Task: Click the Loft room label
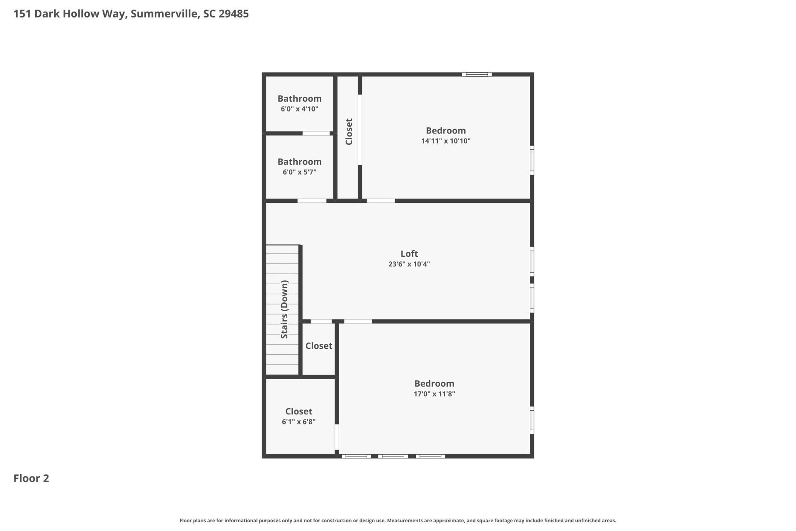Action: (x=409, y=253)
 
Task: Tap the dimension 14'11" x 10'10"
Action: (x=446, y=141)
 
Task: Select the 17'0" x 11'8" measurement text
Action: (x=434, y=394)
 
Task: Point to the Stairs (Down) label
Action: (x=284, y=309)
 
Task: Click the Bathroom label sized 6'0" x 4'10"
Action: (x=299, y=99)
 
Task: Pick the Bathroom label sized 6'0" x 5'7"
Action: (x=299, y=162)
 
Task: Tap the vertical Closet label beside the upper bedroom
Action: (x=349, y=132)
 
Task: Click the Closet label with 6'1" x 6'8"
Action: (x=298, y=412)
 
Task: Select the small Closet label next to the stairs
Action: (x=318, y=346)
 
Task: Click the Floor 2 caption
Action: (x=31, y=478)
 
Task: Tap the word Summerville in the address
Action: (x=164, y=14)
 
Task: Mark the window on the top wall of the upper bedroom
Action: (x=477, y=75)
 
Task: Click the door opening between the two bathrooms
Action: (x=316, y=134)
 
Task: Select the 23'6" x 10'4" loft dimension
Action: (x=409, y=264)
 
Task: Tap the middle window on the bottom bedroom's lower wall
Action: (x=393, y=456)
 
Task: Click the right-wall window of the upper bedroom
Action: (x=532, y=160)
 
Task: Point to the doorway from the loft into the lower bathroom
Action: (x=312, y=201)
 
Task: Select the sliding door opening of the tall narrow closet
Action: (x=360, y=130)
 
